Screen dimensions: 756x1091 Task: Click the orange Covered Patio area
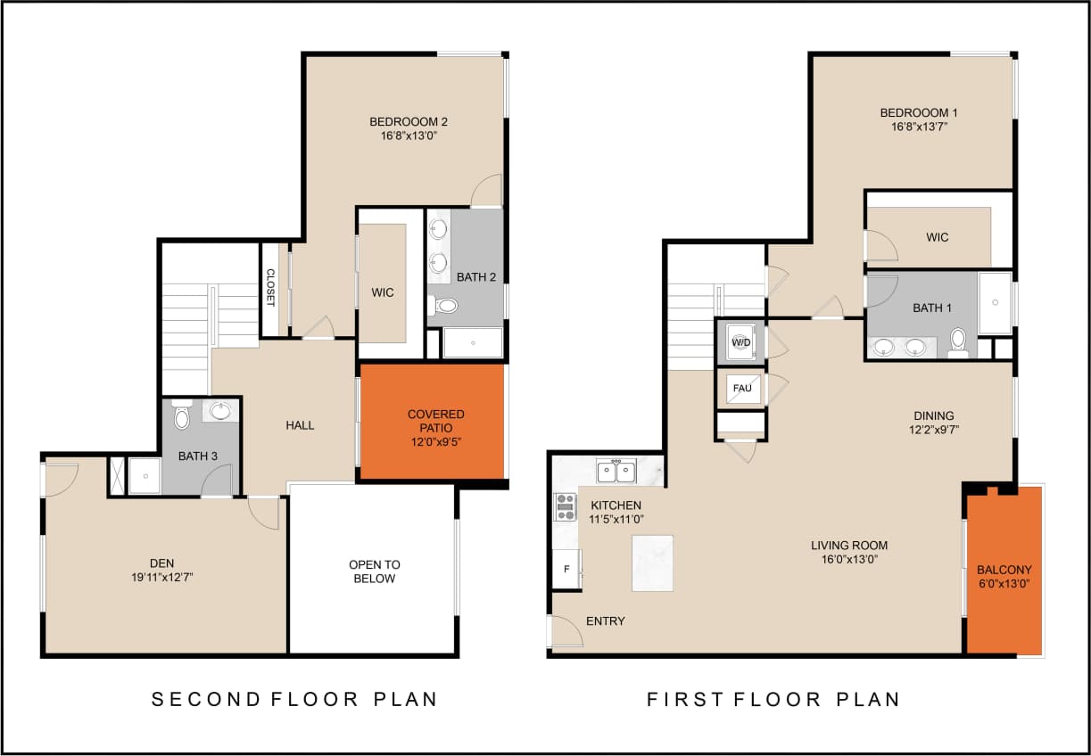(x=433, y=421)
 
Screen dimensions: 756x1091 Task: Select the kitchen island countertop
(x=652, y=563)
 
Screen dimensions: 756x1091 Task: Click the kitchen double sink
(x=616, y=470)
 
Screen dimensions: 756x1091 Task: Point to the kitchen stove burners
(x=566, y=506)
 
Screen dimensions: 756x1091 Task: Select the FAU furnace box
(x=741, y=389)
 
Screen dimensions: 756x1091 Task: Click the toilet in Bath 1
(x=958, y=340)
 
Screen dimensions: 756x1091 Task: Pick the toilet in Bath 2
(x=445, y=306)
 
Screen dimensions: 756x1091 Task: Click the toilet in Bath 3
(x=182, y=416)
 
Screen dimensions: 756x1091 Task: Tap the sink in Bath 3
(x=220, y=411)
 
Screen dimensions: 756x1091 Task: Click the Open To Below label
(x=375, y=571)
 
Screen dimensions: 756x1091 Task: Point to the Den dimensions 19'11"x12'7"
(x=162, y=577)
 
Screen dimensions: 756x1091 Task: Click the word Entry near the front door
(x=605, y=621)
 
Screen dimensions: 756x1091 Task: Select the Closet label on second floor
(x=269, y=288)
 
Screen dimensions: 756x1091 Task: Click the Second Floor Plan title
(x=294, y=699)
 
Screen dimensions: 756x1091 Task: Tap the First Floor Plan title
(x=773, y=699)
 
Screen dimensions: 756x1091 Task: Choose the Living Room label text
(x=848, y=546)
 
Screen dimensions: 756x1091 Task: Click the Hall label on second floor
(x=300, y=425)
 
